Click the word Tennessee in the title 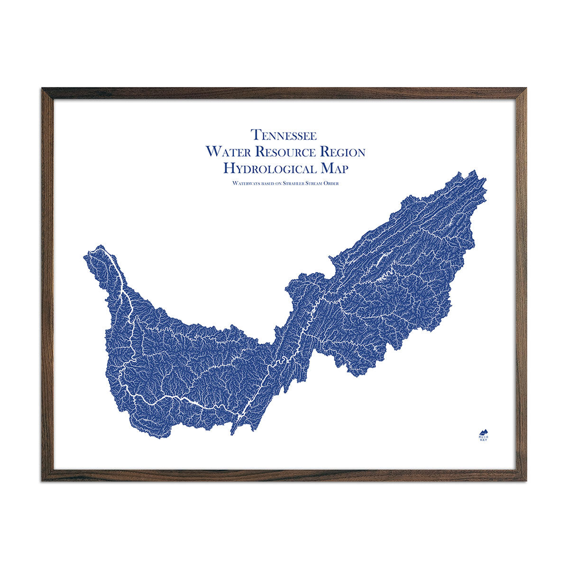[x=284, y=135]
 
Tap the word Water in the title [x=226, y=152]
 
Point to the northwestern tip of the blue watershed [x=99, y=247]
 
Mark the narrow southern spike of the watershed [x=232, y=433]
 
